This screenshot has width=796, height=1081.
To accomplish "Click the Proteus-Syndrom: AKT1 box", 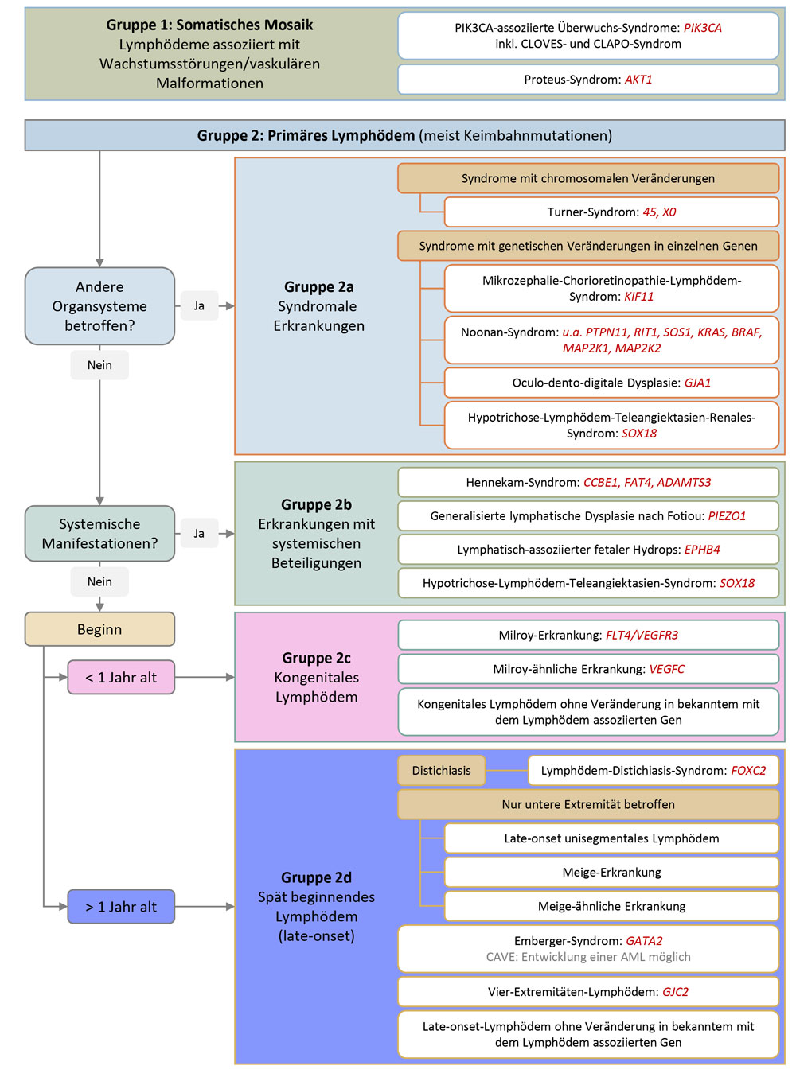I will tap(587, 80).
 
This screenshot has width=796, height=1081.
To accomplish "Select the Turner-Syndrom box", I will tap(611, 212).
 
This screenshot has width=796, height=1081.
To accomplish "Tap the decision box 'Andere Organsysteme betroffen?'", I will tap(99, 306).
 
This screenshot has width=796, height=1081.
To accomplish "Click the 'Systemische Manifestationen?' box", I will tap(99, 534).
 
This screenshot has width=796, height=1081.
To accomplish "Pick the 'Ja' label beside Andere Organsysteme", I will tap(199, 306).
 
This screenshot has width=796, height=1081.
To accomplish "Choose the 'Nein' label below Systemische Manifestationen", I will tap(99, 582).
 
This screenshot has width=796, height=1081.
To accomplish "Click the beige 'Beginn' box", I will tap(99, 629).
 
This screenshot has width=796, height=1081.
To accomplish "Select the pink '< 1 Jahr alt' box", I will tap(121, 678).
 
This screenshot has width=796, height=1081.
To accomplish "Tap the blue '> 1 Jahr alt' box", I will tap(121, 907).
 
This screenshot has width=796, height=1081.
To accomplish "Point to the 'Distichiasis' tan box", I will tap(441, 771).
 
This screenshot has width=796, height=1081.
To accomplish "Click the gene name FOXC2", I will tap(748, 771).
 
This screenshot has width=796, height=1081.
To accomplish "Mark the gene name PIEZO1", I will tap(727, 516).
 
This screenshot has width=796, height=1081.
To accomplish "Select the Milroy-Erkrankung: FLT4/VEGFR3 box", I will tap(587, 636).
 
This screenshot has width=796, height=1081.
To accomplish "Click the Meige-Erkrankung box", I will tap(611, 873).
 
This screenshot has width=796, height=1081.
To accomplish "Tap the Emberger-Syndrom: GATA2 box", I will tap(587, 948).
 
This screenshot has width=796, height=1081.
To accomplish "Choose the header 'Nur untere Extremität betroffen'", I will tap(587, 805).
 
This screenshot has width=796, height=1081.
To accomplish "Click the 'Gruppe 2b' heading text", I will tap(316, 504).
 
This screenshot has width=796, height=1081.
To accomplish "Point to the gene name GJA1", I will tap(697, 383).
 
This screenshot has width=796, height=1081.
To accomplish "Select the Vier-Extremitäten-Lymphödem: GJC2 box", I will tap(587, 992).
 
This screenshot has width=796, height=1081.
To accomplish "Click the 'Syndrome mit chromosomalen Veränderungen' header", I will tap(587, 179).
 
